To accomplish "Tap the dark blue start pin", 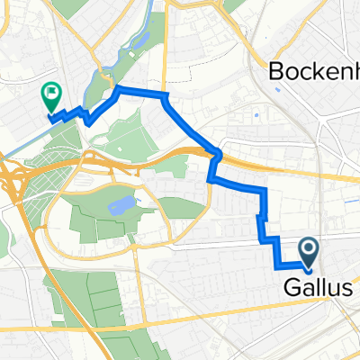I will (x=307, y=249).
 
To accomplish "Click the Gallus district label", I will (x=313, y=289).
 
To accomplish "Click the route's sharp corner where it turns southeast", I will (x=164, y=95).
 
